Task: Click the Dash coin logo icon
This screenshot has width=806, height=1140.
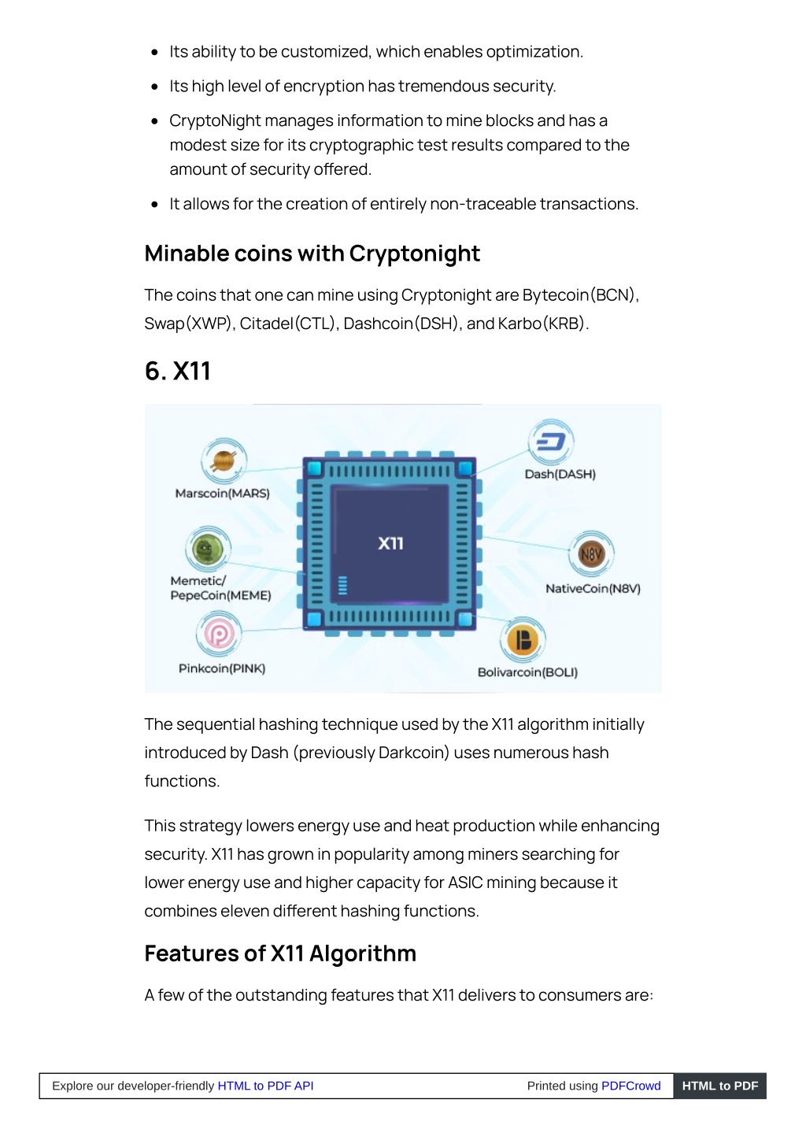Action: point(550,442)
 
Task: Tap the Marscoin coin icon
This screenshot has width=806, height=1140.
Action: point(224,461)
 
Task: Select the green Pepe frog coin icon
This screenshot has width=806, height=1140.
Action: point(208,549)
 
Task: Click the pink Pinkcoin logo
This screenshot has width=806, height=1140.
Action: point(219,634)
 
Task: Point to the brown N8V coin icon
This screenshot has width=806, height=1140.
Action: point(591,553)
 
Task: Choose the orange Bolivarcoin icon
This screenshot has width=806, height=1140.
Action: point(523,640)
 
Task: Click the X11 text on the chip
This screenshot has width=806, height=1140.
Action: point(390,543)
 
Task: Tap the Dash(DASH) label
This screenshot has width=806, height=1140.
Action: point(560,474)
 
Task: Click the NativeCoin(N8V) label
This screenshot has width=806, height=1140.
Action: point(593,589)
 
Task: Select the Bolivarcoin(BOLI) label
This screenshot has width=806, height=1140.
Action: point(527,672)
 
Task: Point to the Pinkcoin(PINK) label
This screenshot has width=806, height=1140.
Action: point(222,668)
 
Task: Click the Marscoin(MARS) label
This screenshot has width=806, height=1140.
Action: point(223,493)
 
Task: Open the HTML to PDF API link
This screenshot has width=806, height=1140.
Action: point(265,1086)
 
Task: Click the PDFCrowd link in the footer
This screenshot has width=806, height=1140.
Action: point(631,1086)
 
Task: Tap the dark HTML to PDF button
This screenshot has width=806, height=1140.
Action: point(720,1086)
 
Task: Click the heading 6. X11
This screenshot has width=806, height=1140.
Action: point(178,371)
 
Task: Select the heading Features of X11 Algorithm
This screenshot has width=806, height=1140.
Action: point(280,953)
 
